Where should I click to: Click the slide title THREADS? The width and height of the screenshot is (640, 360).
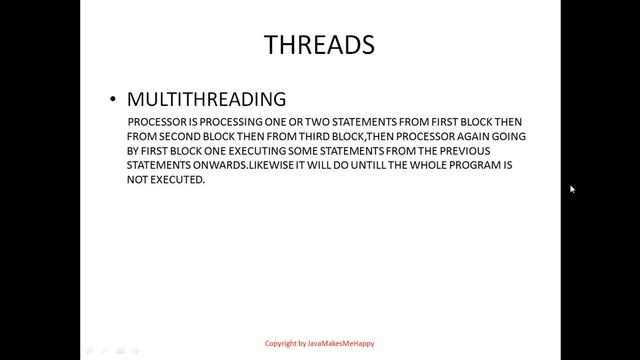319,45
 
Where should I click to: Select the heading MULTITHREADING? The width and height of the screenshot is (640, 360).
206,99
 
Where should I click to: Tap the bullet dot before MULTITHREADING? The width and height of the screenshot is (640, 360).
113,100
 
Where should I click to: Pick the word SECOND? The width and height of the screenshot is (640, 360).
176,136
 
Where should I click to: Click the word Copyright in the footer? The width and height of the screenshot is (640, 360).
283,344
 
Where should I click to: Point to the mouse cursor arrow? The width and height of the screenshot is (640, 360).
572,189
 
